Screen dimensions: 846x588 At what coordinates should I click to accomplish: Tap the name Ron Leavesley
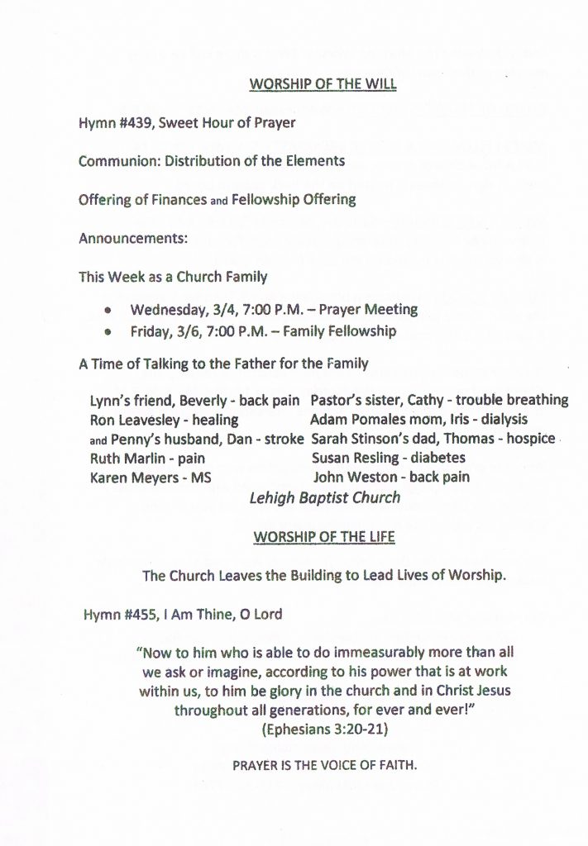[135, 420]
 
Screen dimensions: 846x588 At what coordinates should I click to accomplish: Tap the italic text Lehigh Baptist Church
[324, 497]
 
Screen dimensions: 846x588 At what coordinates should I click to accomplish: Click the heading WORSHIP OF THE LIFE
[324, 537]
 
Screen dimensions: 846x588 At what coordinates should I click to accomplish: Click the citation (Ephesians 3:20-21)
[324, 730]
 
